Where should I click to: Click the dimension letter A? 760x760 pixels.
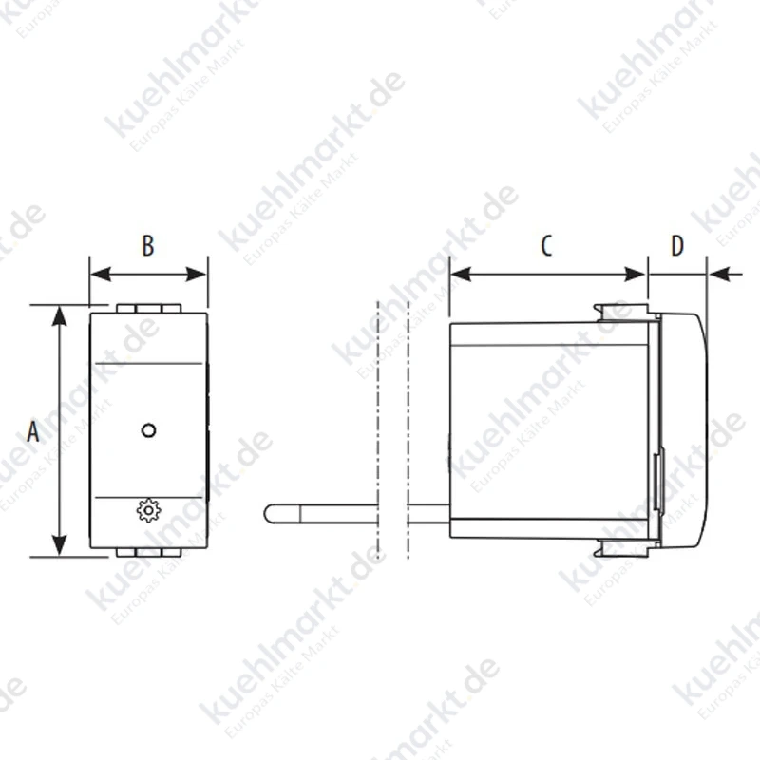point(33,431)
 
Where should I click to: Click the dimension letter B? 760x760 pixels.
point(148,246)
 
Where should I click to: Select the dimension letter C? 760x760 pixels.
point(546,246)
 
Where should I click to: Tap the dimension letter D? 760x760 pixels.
point(677,246)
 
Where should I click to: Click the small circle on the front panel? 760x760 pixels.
point(148,430)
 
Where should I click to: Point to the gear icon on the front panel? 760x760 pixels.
point(148,510)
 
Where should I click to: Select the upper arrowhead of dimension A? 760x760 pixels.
point(59,315)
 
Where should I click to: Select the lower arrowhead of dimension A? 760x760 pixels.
point(59,545)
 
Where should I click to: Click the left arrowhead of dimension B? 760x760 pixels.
point(101,275)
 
